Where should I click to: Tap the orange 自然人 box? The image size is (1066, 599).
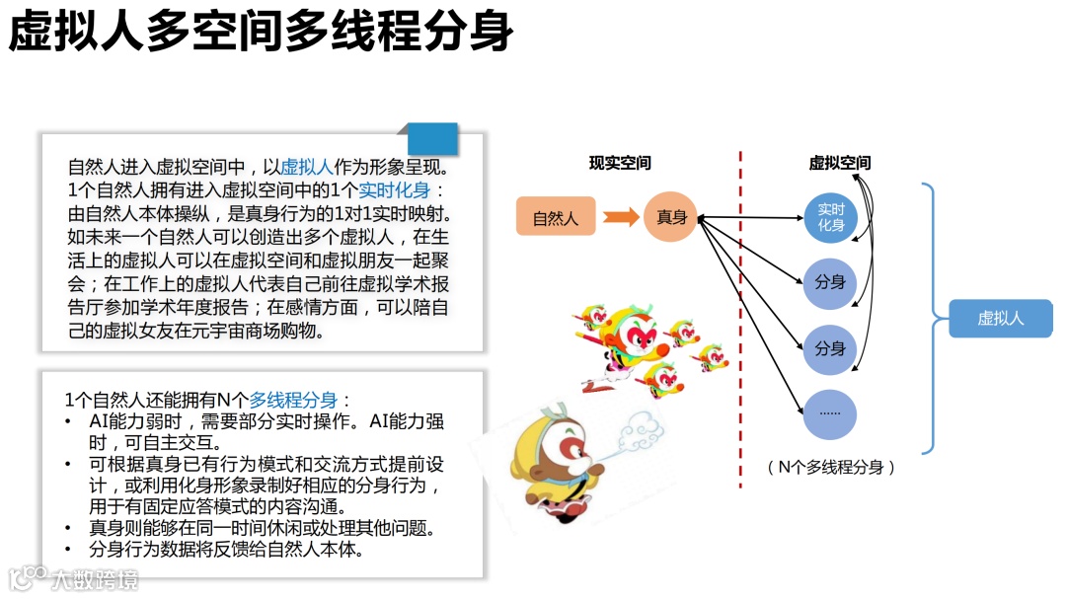point(556,217)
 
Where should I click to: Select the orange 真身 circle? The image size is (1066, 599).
point(671,217)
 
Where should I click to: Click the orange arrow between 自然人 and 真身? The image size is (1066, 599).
point(621,217)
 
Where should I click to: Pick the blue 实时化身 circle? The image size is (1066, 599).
point(830,217)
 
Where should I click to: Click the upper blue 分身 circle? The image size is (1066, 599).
point(830,282)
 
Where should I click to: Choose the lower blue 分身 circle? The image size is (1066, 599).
point(830,348)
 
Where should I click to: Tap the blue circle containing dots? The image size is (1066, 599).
point(830,413)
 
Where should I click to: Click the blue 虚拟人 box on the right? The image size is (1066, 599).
point(1000,319)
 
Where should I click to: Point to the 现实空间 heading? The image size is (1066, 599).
point(620,163)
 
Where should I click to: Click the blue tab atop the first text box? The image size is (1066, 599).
point(432,138)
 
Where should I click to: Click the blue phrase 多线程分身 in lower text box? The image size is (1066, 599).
point(293,400)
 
